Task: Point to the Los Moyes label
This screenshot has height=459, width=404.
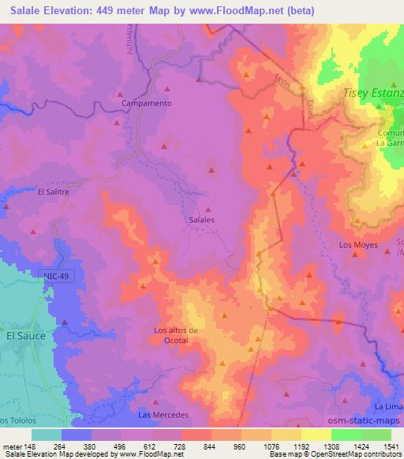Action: [x=358, y=245]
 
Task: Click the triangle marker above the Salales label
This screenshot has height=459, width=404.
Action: [x=208, y=209]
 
